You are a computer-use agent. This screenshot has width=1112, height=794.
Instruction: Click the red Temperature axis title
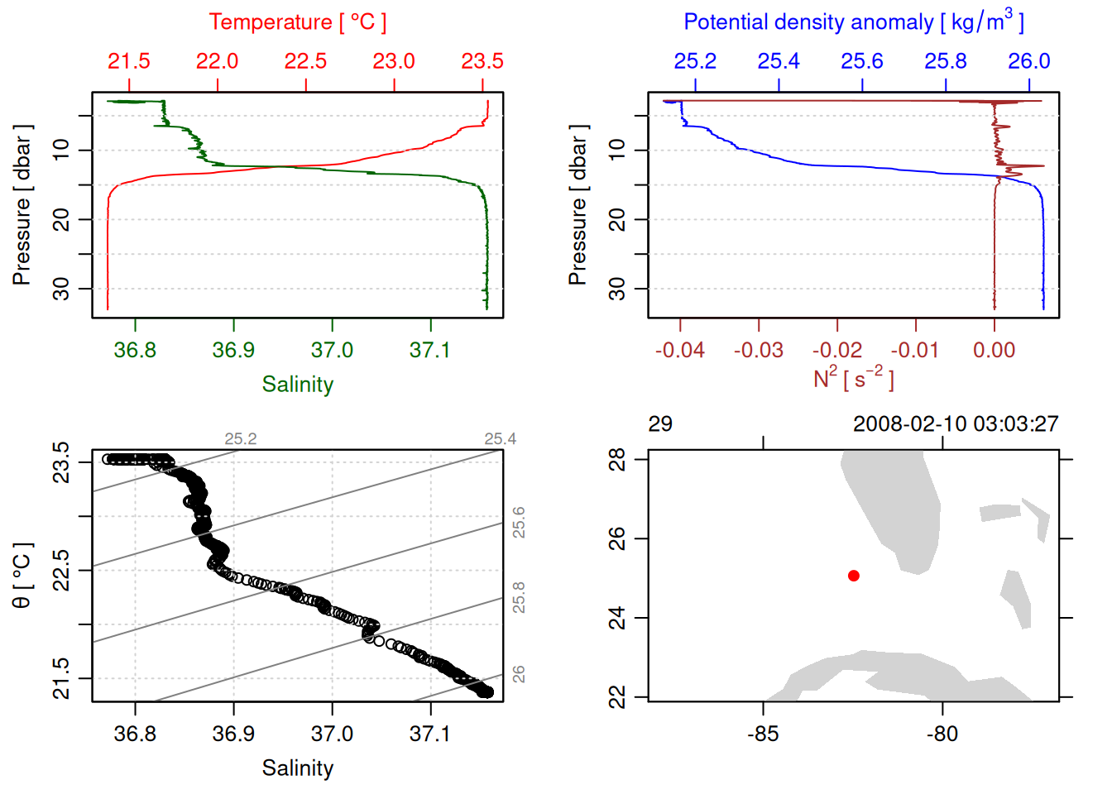tap(297, 22)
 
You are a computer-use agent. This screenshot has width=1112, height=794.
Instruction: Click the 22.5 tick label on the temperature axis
tap(305, 61)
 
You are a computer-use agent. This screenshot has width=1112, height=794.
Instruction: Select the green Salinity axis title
tap(297, 385)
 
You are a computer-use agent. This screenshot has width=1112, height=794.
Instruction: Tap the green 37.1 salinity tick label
tap(429, 350)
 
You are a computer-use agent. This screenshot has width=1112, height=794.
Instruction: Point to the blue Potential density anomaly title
tap(853, 22)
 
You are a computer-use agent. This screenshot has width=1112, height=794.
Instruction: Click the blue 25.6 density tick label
tap(862, 61)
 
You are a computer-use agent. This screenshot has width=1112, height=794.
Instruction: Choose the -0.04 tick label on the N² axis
tap(679, 350)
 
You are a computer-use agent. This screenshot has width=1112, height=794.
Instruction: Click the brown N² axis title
tap(853, 379)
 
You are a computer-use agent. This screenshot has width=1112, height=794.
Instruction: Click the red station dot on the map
tap(854, 576)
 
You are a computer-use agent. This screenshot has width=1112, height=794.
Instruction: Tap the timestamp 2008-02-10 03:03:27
tap(956, 424)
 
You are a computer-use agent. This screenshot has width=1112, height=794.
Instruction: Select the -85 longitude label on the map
tap(762, 734)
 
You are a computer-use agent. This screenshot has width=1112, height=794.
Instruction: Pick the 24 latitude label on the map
tap(617, 618)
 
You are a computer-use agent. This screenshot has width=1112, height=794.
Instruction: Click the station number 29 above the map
tap(660, 424)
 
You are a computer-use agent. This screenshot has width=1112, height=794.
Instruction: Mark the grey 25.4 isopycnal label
tap(500, 439)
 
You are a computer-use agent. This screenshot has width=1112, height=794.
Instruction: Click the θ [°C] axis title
tap(22, 576)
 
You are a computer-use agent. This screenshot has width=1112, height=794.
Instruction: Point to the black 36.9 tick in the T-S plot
tap(233, 734)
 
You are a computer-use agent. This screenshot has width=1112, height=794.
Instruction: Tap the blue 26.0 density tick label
tap(1028, 61)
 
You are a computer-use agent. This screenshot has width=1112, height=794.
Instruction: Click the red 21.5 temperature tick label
tap(129, 61)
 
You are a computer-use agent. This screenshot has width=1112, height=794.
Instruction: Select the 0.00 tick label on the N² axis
tap(994, 350)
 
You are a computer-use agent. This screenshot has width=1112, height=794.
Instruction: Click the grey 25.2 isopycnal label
tap(241, 439)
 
